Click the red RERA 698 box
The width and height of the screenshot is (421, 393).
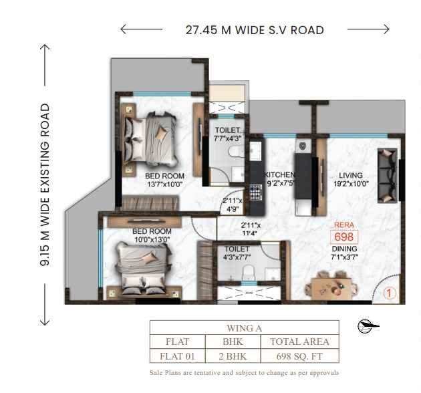[344, 237]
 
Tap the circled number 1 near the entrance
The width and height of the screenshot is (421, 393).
[389, 293]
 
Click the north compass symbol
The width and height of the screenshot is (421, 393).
[368, 326]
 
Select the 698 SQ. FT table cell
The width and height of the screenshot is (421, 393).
[299, 356]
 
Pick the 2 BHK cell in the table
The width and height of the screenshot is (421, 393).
[233, 356]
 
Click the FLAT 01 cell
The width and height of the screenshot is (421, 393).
[178, 356]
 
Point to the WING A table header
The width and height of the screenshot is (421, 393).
[245, 328]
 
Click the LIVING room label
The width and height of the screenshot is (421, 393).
[351, 175]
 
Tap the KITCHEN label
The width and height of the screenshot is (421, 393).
[279, 175]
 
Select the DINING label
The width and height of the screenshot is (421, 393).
[344, 249]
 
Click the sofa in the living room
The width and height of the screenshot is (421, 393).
[388, 175]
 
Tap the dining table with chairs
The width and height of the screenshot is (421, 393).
[331, 287]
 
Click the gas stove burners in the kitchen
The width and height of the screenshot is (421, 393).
[255, 192]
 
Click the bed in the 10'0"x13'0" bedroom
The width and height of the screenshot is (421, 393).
[143, 269]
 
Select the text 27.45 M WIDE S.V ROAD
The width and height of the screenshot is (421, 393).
[255, 30]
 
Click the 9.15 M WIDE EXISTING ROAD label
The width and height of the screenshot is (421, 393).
[45, 185]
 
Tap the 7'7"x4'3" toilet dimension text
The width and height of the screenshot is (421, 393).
[228, 138]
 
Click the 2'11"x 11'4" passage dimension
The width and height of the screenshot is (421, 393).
[250, 229]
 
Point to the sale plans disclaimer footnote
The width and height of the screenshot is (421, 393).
[244, 373]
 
